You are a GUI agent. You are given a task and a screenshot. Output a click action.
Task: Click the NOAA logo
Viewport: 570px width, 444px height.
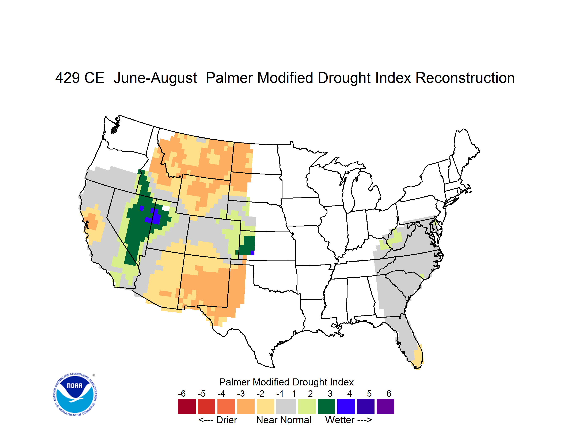tap(75, 395)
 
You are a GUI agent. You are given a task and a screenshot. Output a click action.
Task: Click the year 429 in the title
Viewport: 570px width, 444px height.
tap(68, 78)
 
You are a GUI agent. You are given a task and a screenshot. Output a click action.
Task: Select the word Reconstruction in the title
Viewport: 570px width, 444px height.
tap(465, 78)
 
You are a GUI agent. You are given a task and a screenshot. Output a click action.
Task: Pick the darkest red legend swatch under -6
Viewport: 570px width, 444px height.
tap(187, 406)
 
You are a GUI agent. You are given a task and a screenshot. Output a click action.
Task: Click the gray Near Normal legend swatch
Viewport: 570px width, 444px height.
tap(286, 406)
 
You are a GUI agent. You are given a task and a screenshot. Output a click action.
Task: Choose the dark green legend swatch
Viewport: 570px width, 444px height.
tap(326, 406)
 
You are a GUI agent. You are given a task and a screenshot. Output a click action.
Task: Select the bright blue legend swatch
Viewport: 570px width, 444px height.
tap(346, 406)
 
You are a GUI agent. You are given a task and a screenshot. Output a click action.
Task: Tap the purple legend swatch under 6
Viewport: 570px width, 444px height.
tap(385, 406)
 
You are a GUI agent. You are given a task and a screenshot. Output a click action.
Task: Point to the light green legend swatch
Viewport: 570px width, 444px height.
tap(307, 406)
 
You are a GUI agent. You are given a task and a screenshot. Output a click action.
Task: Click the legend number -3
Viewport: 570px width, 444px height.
tap(241, 393)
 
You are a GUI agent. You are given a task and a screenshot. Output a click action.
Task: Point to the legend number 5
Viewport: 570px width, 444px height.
tap(369, 393)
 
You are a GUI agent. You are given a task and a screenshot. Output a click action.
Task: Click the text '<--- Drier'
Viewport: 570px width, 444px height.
tap(218, 420)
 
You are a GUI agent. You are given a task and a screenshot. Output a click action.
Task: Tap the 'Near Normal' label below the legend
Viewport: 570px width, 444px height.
tap(284, 420)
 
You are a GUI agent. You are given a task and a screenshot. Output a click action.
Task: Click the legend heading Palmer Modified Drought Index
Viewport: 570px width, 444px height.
tap(286, 382)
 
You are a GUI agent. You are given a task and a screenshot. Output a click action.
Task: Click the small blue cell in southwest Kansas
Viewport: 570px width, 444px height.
tap(252, 253)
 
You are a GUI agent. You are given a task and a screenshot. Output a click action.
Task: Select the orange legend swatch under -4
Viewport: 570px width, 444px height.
tap(226, 406)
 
